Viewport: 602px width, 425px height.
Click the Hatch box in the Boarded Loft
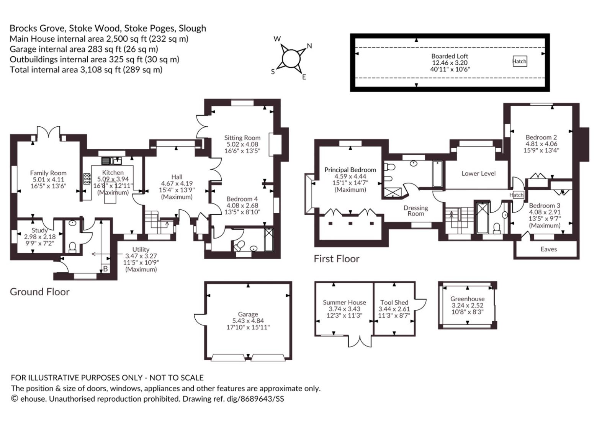(519, 61)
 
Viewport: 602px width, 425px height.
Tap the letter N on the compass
(309, 46)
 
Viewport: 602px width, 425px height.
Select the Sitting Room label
(242, 138)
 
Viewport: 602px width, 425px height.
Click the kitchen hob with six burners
(87, 179)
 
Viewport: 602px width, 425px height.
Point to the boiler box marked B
(105, 268)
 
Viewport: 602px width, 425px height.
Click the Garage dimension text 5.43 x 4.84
(248, 320)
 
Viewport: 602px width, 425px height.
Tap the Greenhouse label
(467, 299)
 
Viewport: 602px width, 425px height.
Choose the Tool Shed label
(394, 302)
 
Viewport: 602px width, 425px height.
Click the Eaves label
(548, 249)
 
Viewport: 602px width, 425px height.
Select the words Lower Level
(478, 173)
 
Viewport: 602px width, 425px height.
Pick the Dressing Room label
(416, 211)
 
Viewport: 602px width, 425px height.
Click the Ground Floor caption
(39, 292)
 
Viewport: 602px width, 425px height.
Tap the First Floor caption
(337, 259)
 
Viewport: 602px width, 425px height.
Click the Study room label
(39, 230)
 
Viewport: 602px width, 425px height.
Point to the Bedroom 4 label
(242, 199)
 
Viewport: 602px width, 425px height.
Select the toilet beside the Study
(72, 248)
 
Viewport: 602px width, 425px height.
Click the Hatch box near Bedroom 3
(517, 195)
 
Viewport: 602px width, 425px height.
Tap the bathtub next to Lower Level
(438, 173)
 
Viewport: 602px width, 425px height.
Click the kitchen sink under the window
(111, 161)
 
